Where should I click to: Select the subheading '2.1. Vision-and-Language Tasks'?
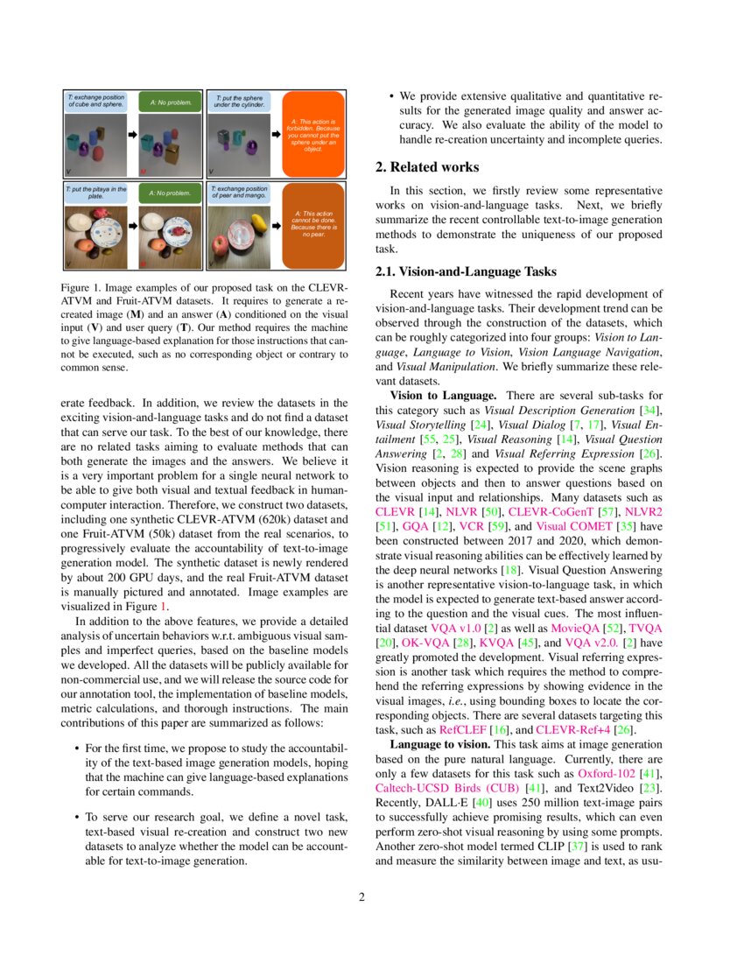[x=460, y=271]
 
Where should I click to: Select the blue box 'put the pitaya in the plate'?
[x=96, y=192]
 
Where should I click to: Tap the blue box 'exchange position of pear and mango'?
[x=239, y=192]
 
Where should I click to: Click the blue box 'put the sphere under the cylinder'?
[x=239, y=101]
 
